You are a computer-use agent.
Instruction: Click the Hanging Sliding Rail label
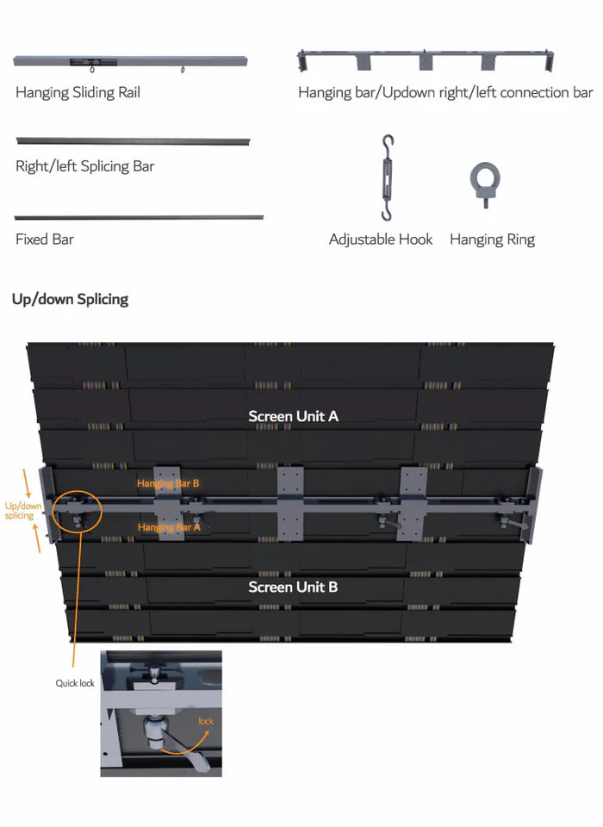(x=78, y=92)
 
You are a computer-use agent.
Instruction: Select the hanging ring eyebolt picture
(x=485, y=183)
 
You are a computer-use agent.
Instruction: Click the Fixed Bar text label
(x=45, y=239)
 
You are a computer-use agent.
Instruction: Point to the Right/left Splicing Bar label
(x=84, y=166)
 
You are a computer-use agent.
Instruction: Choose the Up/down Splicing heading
(x=71, y=299)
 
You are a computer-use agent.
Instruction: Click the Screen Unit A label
(x=294, y=416)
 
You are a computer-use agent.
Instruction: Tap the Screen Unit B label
(x=293, y=588)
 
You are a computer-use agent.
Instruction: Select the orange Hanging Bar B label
(x=168, y=484)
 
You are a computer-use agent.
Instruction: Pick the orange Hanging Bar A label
(x=169, y=527)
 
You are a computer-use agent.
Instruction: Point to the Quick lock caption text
(x=75, y=683)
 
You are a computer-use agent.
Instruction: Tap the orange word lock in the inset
(x=206, y=720)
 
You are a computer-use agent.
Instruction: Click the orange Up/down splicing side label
(x=20, y=511)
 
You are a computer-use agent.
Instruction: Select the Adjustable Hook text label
(x=381, y=239)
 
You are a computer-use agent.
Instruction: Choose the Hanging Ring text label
(x=492, y=239)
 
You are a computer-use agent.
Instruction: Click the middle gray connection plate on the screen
(x=291, y=503)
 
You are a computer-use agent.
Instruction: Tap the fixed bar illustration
(x=139, y=217)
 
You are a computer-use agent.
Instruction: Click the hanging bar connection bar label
(x=445, y=92)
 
